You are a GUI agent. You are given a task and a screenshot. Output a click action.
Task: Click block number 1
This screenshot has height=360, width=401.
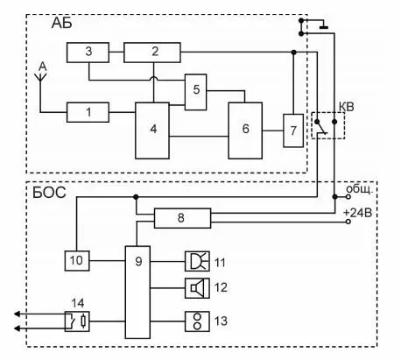pos(88,112)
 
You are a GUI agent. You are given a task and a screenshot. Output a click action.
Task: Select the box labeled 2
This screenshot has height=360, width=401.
pos(152,53)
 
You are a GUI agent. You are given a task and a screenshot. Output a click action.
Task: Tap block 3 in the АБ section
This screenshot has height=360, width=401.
pos(88,53)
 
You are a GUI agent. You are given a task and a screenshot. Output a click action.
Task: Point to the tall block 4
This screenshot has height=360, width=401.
pos(152,131)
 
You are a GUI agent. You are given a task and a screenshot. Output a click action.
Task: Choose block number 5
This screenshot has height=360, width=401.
pos(195,92)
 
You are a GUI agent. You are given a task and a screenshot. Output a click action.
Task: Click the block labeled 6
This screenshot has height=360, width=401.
pos(245,131)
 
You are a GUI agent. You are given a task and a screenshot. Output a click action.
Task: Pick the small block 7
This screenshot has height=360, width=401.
pos(293,131)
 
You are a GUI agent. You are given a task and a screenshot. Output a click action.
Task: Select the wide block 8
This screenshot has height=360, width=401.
pos(182,218)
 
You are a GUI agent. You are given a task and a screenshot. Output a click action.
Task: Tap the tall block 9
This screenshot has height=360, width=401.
pos(137,292)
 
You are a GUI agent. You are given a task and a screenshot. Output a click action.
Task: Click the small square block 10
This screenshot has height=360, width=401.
pos(77,260)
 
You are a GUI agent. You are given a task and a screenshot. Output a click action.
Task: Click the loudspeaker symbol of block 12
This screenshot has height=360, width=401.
pos(197,288)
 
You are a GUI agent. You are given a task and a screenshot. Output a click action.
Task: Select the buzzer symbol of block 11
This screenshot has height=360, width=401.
pos(197,261)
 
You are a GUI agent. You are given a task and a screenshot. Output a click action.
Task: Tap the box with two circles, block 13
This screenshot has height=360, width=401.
pos(197,321)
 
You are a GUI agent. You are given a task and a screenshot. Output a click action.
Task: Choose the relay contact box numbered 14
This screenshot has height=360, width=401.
pos(77,321)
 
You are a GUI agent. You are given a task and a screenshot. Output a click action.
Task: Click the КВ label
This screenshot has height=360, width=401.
pos(346,107)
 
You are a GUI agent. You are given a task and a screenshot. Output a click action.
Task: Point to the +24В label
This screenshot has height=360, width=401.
pos(358,213)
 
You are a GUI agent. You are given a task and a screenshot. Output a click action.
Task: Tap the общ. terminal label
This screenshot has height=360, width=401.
pos(360,189)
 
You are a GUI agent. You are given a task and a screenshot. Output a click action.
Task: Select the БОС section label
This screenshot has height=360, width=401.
pos(49,193)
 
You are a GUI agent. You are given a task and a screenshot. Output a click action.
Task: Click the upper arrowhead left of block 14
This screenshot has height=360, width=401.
pos(17,314)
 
